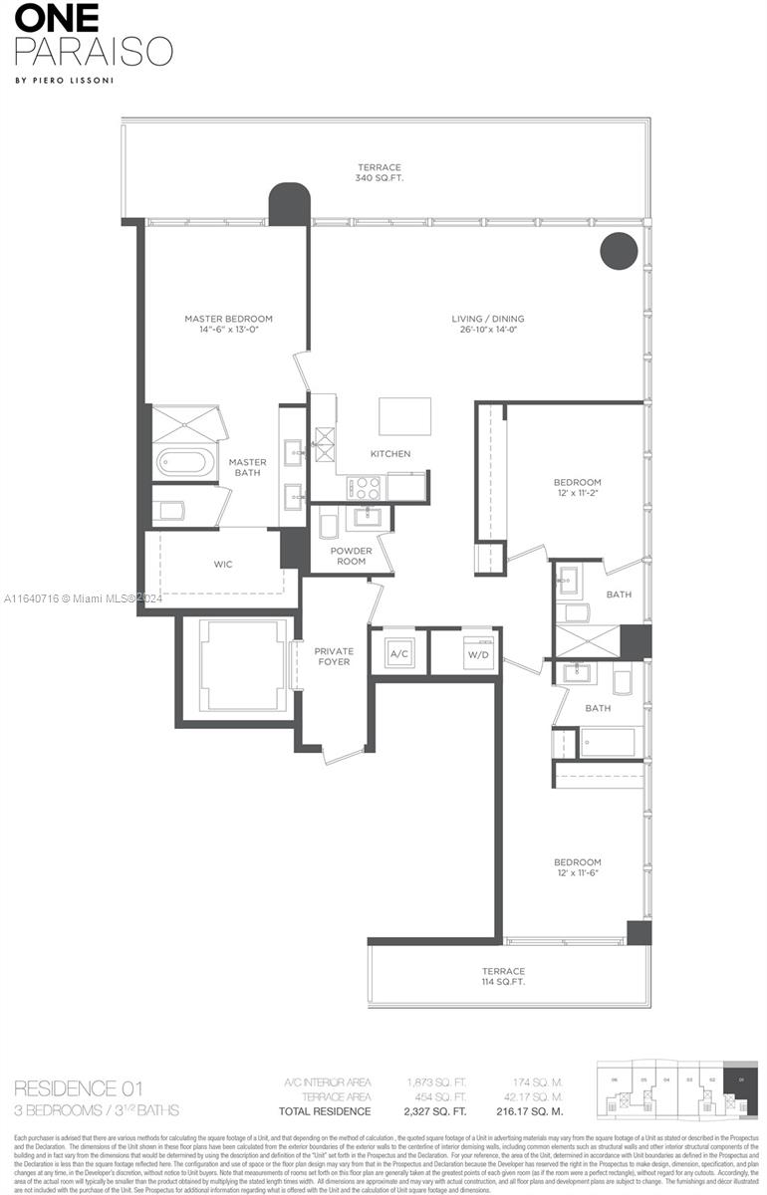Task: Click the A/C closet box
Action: tap(398, 653)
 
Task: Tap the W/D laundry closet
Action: tap(478, 653)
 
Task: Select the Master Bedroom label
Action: tap(228, 319)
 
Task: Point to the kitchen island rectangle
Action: tap(404, 416)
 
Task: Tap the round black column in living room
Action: tap(619, 249)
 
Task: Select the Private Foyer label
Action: tap(334, 656)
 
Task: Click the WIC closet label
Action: tap(223, 565)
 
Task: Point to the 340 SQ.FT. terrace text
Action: tap(380, 179)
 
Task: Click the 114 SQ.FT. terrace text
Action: tap(503, 982)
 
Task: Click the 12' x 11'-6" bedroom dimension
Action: tap(578, 873)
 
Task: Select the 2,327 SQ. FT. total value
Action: tap(436, 1111)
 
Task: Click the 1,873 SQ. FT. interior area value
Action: tap(436, 1081)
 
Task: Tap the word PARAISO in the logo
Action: tap(94, 51)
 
